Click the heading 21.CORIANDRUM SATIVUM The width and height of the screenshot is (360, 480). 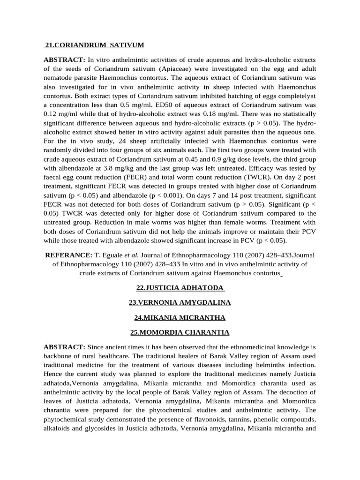94,45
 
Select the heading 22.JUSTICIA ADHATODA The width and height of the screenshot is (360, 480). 180,287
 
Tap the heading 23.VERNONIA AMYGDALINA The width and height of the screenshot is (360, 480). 180,302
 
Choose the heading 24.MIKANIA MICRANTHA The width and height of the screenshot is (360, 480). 180,317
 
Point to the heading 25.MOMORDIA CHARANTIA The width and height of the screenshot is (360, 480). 180,332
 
